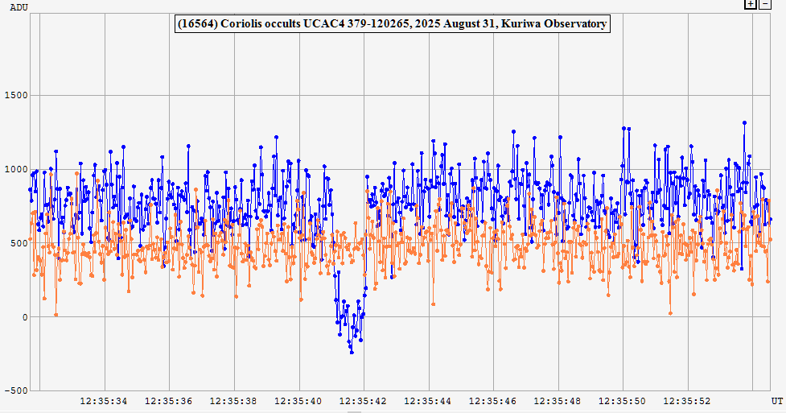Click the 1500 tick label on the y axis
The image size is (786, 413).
point(16,95)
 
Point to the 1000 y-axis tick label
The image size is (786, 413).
point(16,169)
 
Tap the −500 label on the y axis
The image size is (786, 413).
point(14,390)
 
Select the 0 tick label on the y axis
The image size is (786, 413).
point(24,317)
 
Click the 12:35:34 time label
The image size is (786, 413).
point(104,400)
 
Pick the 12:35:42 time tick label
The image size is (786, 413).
point(364,400)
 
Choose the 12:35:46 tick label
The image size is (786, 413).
point(493,400)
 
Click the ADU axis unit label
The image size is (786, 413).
point(18,6)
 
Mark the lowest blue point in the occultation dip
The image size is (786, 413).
point(352,352)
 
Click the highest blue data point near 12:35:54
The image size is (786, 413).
point(745,123)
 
